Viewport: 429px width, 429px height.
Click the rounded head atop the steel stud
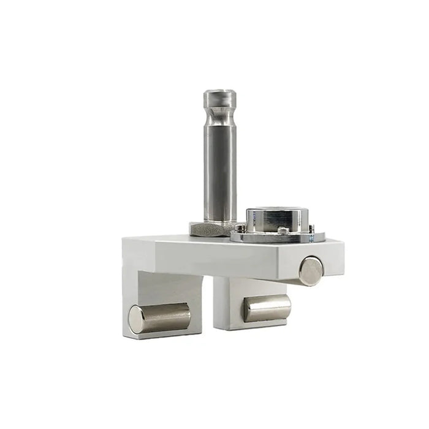(220, 98)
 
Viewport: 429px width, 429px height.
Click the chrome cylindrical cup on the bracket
(273, 220)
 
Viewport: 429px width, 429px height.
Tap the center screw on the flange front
(283, 230)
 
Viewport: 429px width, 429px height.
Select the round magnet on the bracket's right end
(311, 271)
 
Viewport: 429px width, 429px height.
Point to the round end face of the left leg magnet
(136, 320)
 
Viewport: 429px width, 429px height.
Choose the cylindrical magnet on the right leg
(267, 308)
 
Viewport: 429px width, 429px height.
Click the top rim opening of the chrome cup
(273, 210)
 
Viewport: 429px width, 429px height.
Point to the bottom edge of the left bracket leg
(165, 336)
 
